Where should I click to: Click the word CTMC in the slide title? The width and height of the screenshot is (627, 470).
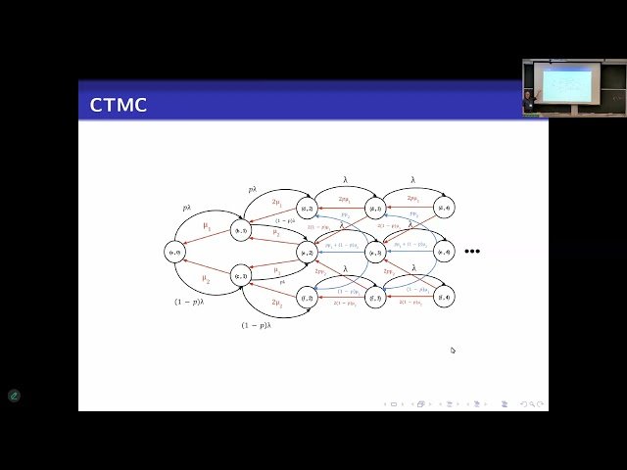coord(119,105)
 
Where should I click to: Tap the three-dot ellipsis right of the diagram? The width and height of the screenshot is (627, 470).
coord(472,252)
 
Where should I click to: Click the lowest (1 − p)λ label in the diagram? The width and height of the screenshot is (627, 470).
coord(256,325)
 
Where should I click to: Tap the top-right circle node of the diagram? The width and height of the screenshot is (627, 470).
coord(444,208)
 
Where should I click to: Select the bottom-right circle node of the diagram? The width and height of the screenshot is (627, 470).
coord(444,297)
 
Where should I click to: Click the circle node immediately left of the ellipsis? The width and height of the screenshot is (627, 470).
coord(444,252)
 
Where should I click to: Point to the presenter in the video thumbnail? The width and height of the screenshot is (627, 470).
coord(530,98)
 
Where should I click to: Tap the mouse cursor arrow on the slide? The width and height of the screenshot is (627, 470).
coord(453,350)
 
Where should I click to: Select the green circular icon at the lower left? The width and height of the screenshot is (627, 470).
coord(14,396)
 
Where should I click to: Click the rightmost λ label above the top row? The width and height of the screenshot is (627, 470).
coord(412,180)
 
